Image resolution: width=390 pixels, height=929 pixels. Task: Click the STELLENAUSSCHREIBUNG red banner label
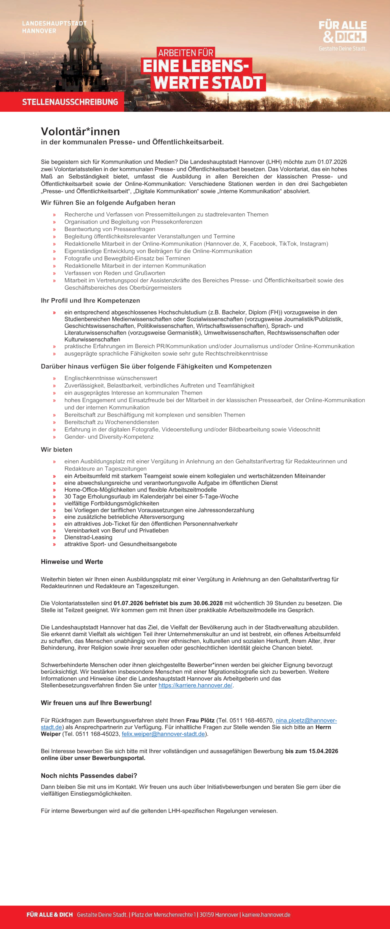[70, 102]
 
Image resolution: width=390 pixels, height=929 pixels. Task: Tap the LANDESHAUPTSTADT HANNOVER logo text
[54, 27]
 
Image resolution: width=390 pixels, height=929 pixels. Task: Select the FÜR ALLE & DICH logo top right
[343, 32]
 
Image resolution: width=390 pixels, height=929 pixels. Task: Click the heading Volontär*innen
[80, 131]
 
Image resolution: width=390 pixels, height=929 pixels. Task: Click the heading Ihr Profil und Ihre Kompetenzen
[90, 301]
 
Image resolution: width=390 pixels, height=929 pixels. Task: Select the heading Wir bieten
[56, 450]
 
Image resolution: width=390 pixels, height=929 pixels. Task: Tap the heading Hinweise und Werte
[72, 562]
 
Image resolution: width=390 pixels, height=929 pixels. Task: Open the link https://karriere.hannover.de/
[195, 685]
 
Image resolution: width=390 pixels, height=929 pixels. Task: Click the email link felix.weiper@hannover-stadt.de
[163, 734]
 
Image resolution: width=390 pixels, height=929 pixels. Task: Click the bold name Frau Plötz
[200, 720]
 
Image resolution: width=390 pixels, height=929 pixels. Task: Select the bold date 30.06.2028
[208, 603]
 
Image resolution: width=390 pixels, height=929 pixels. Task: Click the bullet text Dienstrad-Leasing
[88, 537]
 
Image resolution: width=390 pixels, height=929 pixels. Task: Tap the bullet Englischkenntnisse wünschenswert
[110, 378]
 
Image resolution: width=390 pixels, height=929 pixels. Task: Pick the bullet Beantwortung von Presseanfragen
[110, 229]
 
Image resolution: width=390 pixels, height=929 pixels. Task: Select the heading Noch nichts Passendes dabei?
[89, 776]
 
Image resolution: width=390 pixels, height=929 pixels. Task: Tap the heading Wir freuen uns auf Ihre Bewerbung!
[96, 703]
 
